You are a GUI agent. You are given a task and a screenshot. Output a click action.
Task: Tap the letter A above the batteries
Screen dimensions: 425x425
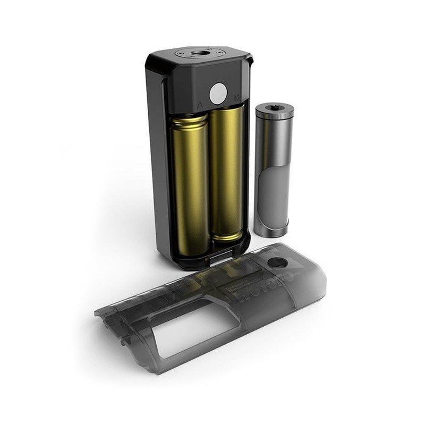[x=199, y=104]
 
